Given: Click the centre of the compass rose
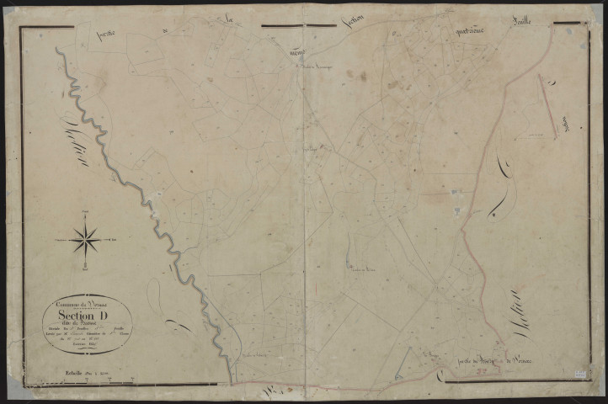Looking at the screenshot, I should click(x=85, y=241).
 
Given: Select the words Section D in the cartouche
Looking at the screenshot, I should click(x=76, y=316).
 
